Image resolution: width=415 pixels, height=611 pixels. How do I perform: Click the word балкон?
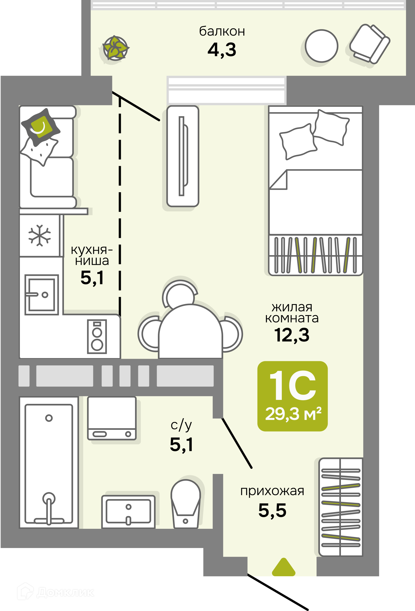click(222, 31)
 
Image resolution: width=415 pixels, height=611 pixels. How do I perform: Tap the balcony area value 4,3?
click(222, 50)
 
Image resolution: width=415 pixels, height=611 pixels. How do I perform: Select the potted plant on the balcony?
click(115, 48)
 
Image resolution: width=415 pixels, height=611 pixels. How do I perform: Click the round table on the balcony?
click(322, 46)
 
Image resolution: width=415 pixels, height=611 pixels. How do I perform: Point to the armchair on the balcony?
click(370, 44)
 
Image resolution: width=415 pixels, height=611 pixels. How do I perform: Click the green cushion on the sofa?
click(41, 127)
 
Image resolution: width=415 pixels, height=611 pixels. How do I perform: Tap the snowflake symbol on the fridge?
click(40, 235)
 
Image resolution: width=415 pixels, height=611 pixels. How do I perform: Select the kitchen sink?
click(42, 295)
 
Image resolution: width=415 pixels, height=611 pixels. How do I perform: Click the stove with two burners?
click(97, 337)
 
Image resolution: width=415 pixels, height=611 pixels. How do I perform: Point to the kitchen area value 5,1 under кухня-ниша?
click(92, 278)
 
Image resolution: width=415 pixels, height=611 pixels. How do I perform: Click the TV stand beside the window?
click(183, 156)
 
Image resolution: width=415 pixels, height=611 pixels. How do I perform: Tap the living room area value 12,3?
click(292, 335)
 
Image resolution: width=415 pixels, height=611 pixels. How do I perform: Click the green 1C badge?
click(293, 396)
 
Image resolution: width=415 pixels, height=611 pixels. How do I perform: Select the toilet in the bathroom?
click(186, 504)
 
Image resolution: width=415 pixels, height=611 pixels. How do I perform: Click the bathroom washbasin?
click(128, 512)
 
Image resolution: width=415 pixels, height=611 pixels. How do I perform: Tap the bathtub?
click(49, 462)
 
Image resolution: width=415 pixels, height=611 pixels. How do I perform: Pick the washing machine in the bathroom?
click(112, 418)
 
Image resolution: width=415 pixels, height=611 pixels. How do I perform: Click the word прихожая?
click(272, 492)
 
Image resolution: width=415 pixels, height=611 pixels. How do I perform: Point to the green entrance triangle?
click(284, 567)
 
